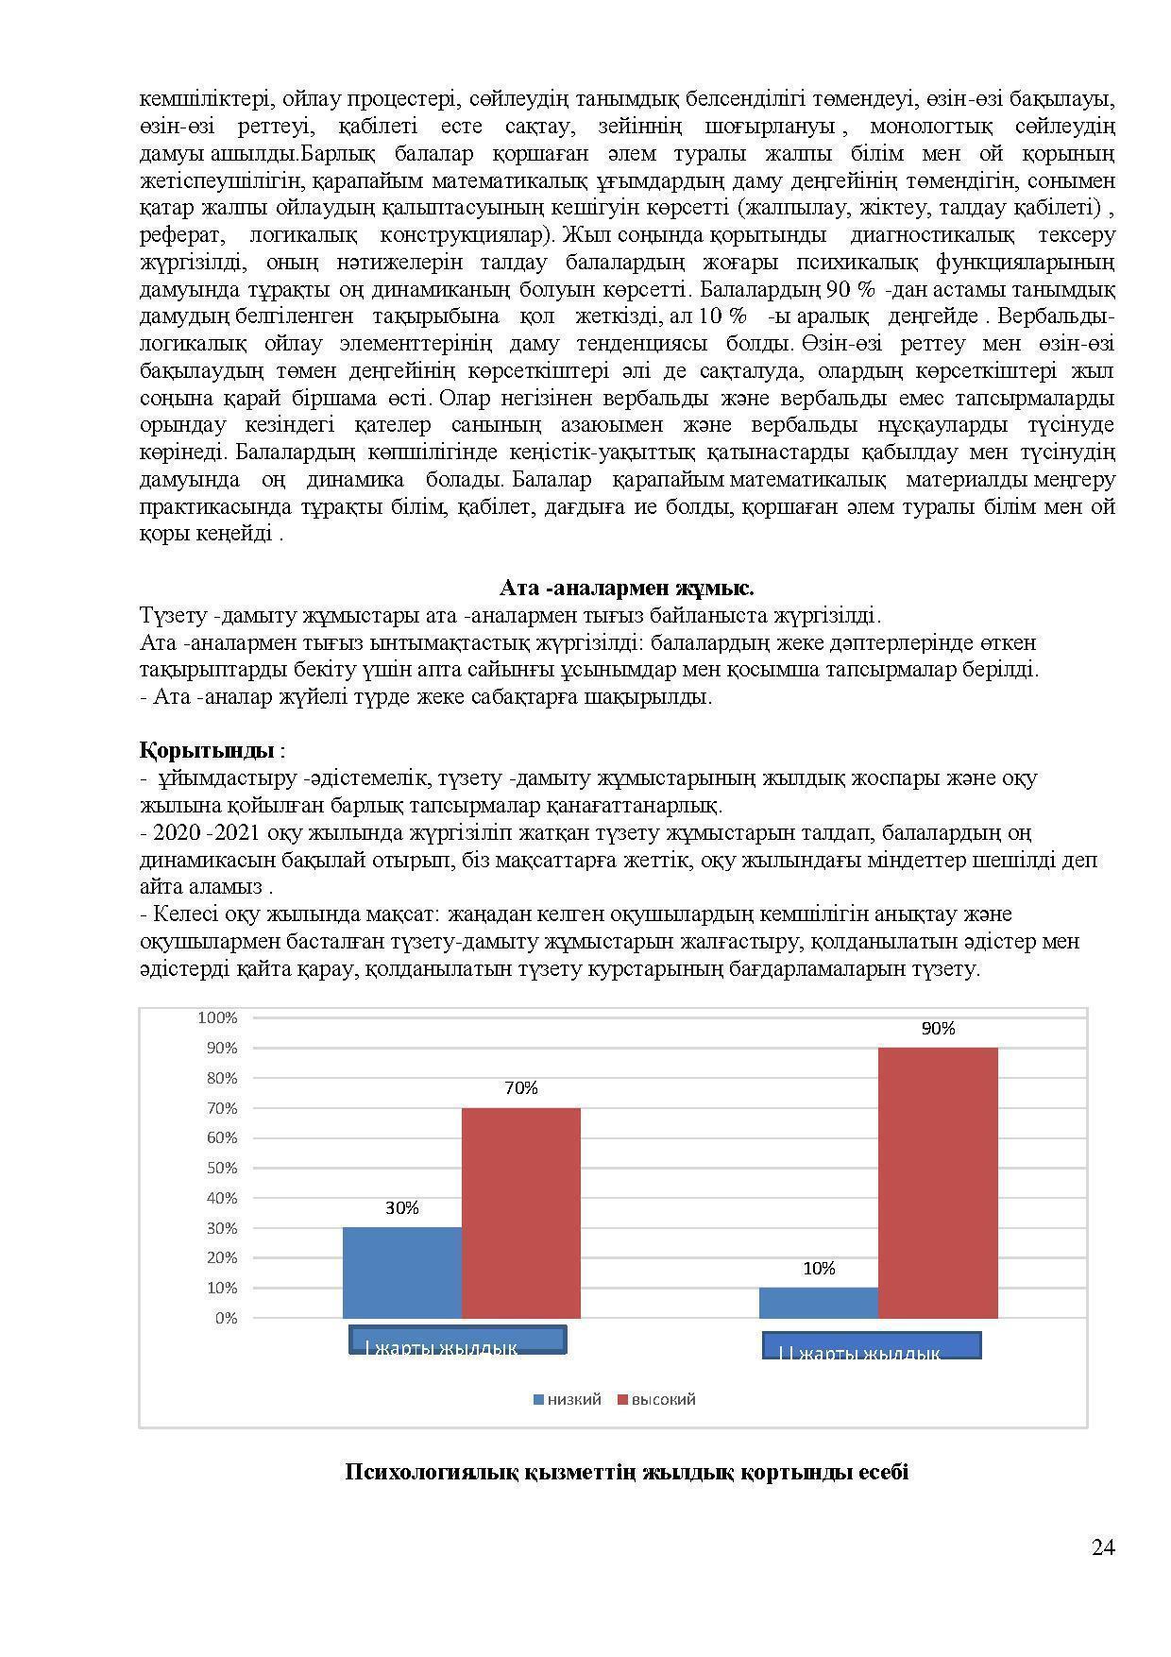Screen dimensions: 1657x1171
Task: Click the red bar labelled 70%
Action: pyautogui.click(x=520, y=1213)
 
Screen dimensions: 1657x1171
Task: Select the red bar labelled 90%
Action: pyautogui.click(x=938, y=1183)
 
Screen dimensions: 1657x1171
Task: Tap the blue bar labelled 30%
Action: pyautogui.click(x=402, y=1273)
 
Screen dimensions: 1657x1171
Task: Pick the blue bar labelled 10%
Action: pyautogui.click(x=819, y=1303)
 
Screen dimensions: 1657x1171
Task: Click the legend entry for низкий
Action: pyautogui.click(x=567, y=1399)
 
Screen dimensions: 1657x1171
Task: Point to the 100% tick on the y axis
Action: pyautogui.click(x=217, y=1017)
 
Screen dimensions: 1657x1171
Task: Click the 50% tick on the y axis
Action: pyautogui.click(x=221, y=1168)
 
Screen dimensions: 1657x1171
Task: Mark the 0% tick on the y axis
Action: pyautogui.click(x=226, y=1318)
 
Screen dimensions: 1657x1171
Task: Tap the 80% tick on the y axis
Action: pyautogui.click(x=221, y=1078)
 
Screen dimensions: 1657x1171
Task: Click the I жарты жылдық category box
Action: pyautogui.click(x=458, y=1341)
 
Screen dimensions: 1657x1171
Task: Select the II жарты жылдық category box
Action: pyautogui.click(x=872, y=1345)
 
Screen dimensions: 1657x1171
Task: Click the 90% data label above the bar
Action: pyautogui.click(x=938, y=1029)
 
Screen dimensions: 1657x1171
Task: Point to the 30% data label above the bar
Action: pyautogui.click(x=402, y=1208)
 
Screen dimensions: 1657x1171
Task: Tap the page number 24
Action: pyautogui.click(x=1103, y=1547)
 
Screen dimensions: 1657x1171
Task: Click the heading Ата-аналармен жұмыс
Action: pyautogui.click(x=626, y=589)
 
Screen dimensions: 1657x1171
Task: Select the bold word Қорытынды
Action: pyautogui.click(x=207, y=751)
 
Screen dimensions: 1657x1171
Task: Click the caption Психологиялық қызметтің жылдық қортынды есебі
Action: pyautogui.click(x=626, y=1472)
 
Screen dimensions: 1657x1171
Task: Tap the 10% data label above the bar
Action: pyautogui.click(x=819, y=1269)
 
